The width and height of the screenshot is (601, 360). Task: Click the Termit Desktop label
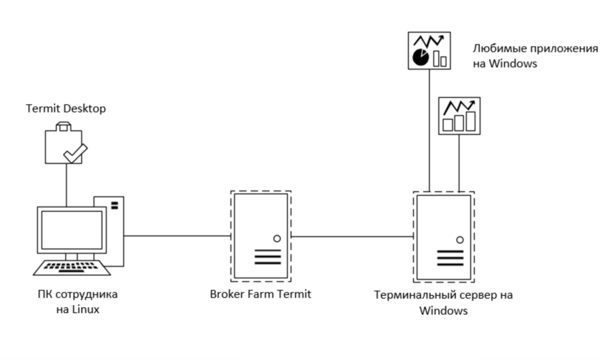(66, 108)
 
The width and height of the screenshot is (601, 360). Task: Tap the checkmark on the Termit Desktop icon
(75, 153)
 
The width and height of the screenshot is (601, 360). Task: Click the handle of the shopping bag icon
(64, 126)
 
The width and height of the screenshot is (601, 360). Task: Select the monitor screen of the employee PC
(72, 230)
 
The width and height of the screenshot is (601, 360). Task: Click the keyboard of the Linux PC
(72, 268)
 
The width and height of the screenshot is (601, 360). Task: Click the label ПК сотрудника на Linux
(78, 301)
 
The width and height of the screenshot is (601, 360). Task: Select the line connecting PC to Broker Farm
(177, 236)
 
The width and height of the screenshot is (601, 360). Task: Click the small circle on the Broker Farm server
(276, 238)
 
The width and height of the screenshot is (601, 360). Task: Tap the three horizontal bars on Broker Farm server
(268, 257)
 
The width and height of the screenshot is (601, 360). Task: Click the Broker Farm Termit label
(261, 294)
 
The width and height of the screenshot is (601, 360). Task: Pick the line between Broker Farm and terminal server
(352, 237)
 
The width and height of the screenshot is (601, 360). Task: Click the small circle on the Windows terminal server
(460, 240)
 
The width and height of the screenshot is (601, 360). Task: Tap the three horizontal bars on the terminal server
(450, 258)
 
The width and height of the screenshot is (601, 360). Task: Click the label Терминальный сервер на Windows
(443, 303)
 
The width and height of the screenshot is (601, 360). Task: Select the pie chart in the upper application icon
(421, 57)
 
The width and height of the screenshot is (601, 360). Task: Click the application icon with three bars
(459, 116)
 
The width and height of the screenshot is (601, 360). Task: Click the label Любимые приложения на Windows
(535, 56)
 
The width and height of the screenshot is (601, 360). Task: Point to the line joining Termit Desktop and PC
(66, 185)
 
